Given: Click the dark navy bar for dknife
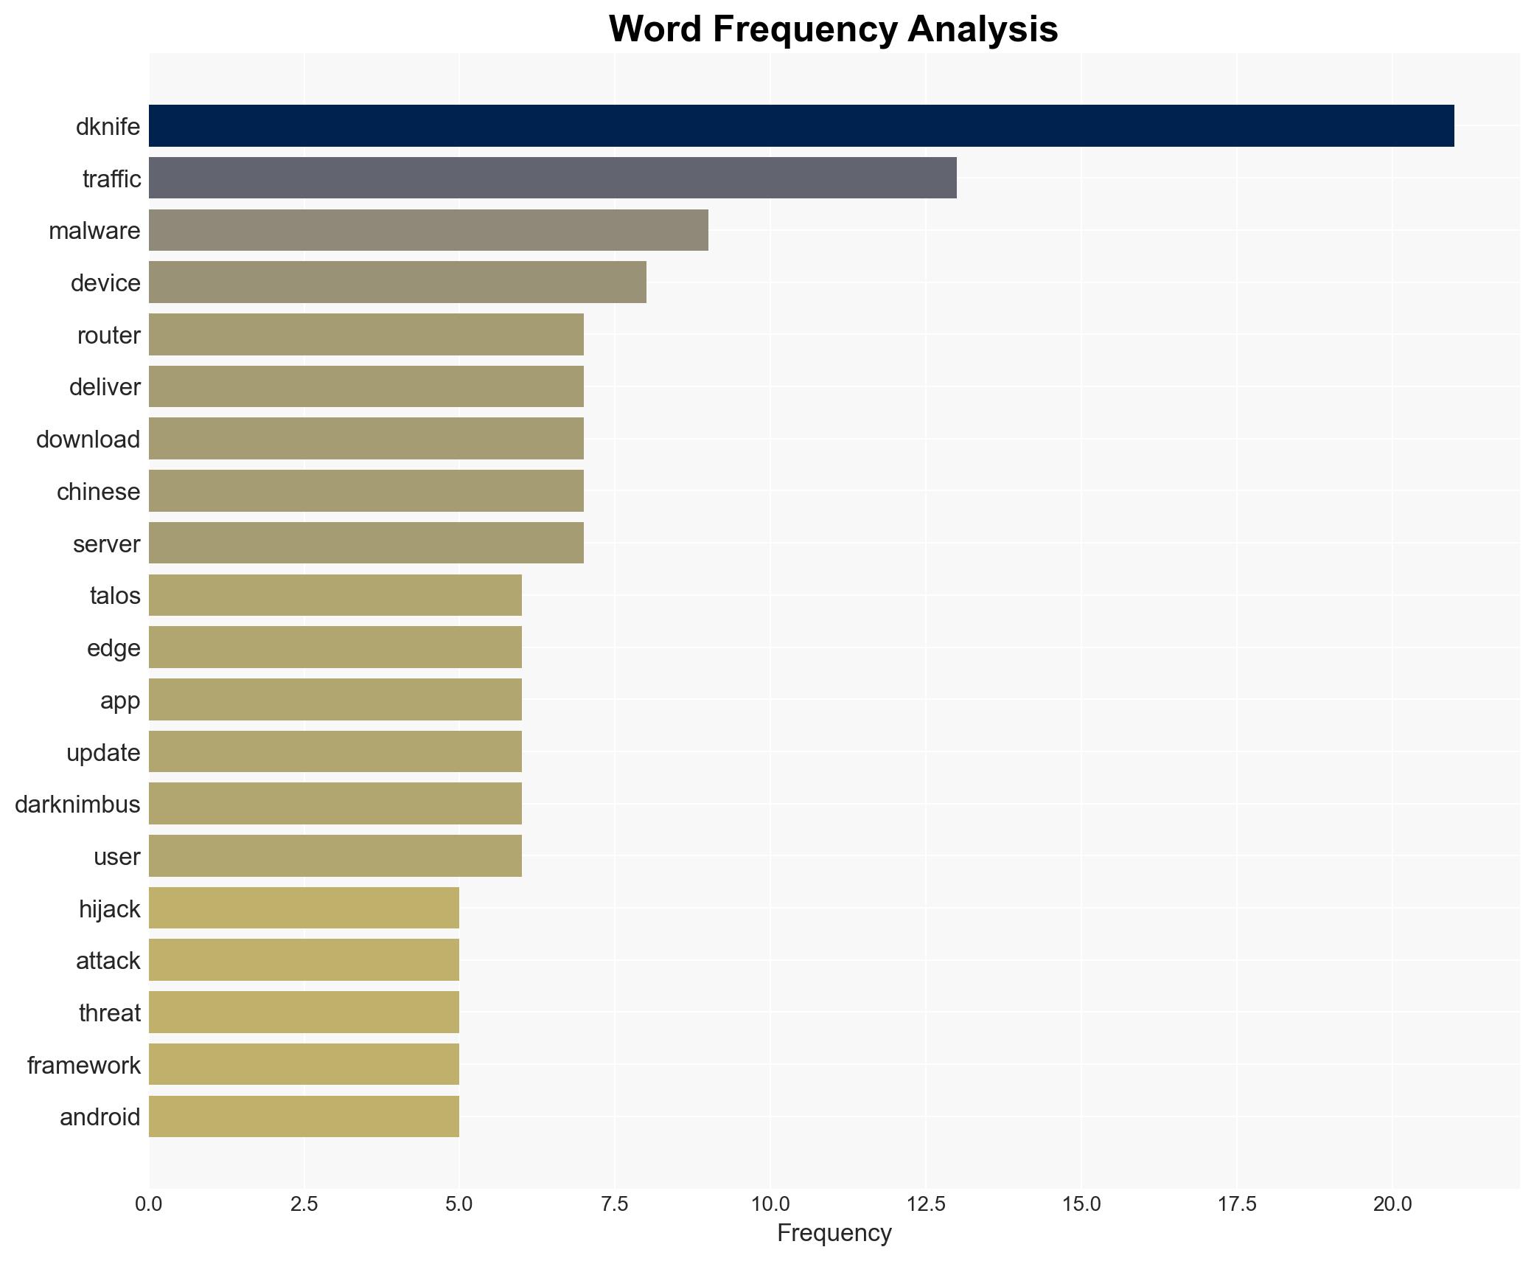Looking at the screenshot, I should coord(801,126).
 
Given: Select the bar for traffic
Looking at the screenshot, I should coord(552,178).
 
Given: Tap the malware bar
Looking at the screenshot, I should coord(428,230).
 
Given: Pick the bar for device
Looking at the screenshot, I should coord(397,282).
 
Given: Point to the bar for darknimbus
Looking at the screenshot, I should coord(335,804).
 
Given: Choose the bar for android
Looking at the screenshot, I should coord(304,1116).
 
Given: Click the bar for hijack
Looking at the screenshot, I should coord(304,908).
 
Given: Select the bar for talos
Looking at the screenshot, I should coord(335,595).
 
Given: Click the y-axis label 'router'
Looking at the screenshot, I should coord(108,336).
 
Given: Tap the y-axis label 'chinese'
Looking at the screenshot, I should coord(98,492).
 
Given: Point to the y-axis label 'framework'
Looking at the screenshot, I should coord(83,1066).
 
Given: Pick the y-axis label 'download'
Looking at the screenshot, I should coord(88,440).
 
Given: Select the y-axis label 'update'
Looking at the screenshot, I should coord(103,753).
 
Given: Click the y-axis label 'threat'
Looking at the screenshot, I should coord(109,1013).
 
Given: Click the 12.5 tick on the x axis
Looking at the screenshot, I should coord(925,1204).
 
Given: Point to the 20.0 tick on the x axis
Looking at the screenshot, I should coord(1392,1204).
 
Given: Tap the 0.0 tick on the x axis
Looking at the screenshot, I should coord(149,1204).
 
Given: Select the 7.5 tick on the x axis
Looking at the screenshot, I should coord(615,1204).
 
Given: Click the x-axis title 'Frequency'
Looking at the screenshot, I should coord(834,1233).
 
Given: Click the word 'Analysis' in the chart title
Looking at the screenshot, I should coord(983,29).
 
